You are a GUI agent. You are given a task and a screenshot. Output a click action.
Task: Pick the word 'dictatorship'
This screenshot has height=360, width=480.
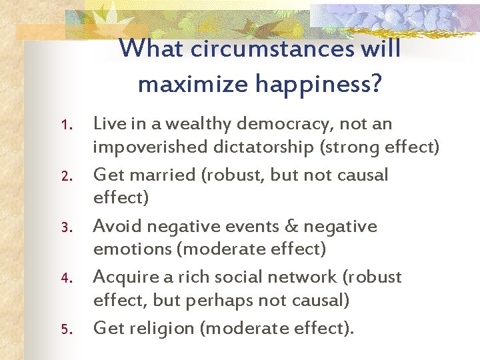pos(259,147)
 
